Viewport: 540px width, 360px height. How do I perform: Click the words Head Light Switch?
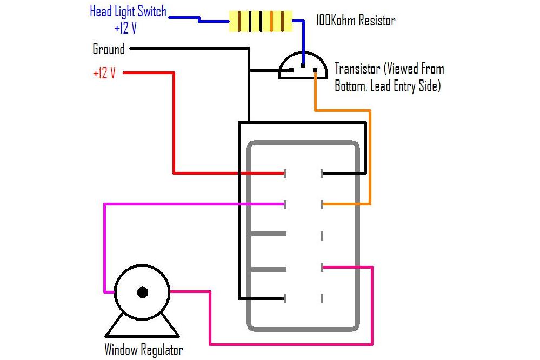[x=128, y=12]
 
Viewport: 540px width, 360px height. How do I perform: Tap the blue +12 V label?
[x=125, y=28]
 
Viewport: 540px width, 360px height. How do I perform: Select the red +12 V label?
[x=104, y=74]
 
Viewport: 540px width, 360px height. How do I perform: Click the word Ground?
[x=109, y=49]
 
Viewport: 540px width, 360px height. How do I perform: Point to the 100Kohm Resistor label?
[x=355, y=22]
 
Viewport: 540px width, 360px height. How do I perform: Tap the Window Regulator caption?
[x=144, y=350]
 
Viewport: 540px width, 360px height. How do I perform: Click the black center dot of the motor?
[x=143, y=292]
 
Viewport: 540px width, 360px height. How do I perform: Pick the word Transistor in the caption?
[x=357, y=69]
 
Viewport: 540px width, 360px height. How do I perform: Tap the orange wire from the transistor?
[x=370, y=157]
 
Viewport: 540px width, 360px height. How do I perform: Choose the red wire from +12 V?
[x=174, y=124]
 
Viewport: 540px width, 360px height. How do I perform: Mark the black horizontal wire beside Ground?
[x=189, y=49]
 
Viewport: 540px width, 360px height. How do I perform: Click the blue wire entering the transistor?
[x=303, y=46]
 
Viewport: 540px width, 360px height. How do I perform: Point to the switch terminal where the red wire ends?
[x=285, y=174]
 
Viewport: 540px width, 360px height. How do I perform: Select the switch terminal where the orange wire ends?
[x=322, y=204]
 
